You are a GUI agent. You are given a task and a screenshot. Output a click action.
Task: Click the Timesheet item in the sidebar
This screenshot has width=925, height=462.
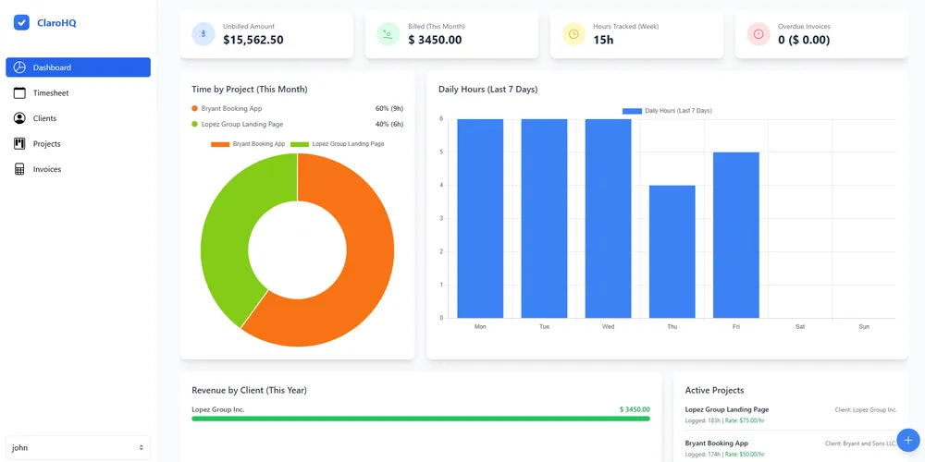click(x=51, y=93)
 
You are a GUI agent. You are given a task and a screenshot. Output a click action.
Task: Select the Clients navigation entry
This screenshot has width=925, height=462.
click(x=44, y=118)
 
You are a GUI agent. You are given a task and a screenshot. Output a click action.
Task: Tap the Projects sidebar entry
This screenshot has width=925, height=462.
click(x=46, y=144)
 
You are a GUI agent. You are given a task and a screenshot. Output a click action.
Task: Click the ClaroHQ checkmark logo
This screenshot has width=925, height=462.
click(x=22, y=23)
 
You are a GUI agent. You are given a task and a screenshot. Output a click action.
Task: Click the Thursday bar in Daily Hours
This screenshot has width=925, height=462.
click(x=672, y=251)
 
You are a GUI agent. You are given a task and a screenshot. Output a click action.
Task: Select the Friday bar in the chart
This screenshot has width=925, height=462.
click(x=735, y=235)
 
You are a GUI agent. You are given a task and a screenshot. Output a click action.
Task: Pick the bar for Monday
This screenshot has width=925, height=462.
click(x=480, y=218)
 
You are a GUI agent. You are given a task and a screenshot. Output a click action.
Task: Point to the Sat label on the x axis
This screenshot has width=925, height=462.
click(x=799, y=326)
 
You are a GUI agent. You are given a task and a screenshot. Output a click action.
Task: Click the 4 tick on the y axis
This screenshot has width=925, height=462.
click(x=441, y=185)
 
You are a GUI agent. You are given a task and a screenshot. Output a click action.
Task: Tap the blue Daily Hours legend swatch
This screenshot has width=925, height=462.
click(x=632, y=111)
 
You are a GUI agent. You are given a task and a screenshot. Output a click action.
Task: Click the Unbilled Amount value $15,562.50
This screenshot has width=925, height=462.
click(x=253, y=40)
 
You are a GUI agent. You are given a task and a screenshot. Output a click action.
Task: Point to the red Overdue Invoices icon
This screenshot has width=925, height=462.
click(x=758, y=34)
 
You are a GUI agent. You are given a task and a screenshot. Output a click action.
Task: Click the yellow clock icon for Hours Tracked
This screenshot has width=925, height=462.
click(x=573, y=34)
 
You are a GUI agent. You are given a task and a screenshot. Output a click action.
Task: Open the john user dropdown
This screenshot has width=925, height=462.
click(x=78, y=447)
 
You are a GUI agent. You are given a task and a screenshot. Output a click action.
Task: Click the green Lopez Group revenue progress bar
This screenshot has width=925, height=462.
click(x=421, y=419)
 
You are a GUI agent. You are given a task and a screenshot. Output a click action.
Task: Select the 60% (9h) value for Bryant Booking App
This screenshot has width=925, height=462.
click(x=388, y=108)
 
